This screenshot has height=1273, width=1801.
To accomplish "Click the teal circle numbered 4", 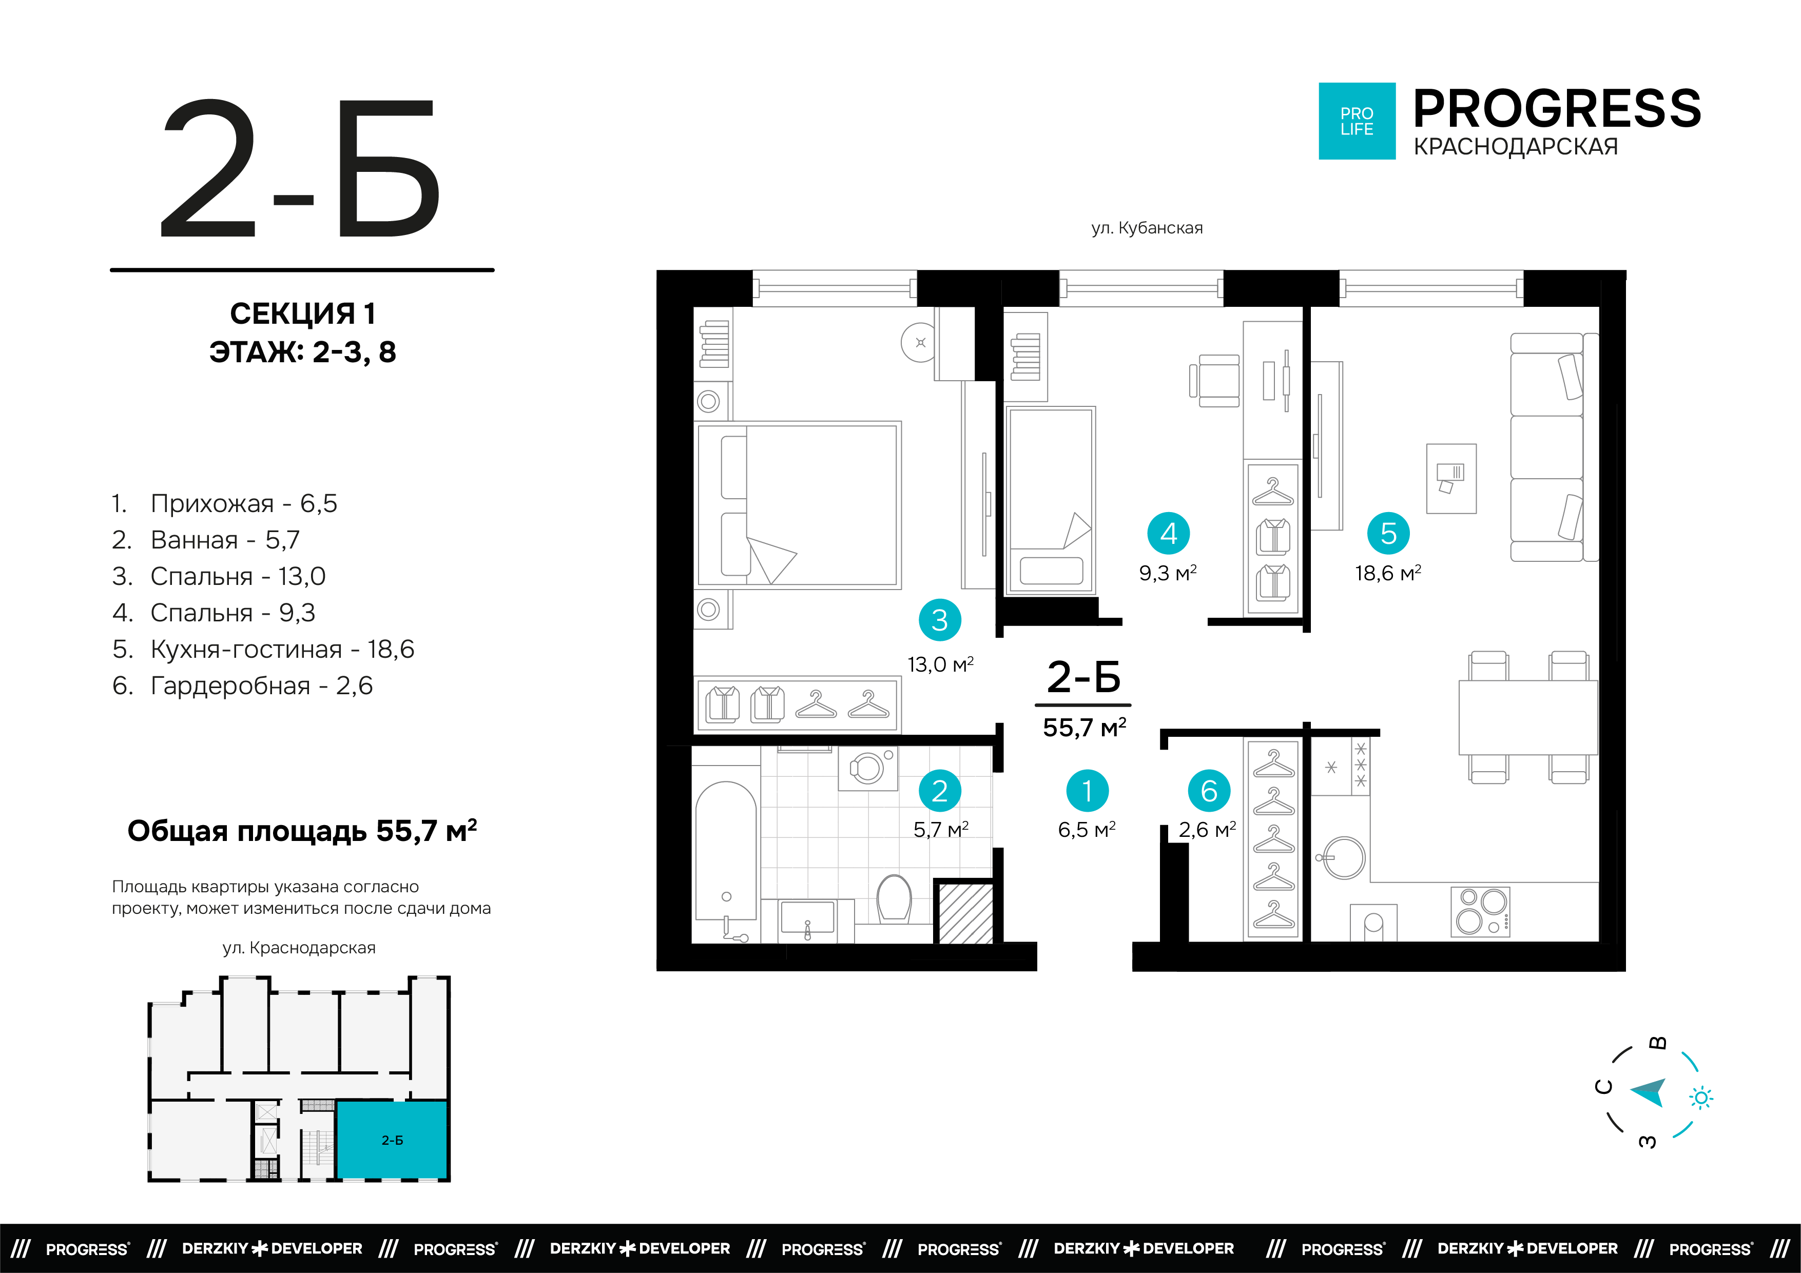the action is pyautogui.click(x=1168, y=533).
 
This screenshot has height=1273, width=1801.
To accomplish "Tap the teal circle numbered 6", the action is pyautogui.click(x=1209, y=791).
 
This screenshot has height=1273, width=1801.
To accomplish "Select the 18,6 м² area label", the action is pyautogui.click(x=1388, y=573).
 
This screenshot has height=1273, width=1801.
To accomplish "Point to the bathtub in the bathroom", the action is pyautogui.click(x=726, y=860).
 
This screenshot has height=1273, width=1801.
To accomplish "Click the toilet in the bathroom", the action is pyautogui.click(x=894, y=898).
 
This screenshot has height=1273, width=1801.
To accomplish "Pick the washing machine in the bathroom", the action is pyautogui.click(x=867, y=768).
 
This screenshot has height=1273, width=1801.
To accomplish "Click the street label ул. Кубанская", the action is pyautogui.click(x=1147, y=228).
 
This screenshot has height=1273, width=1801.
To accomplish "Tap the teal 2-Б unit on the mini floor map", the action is pyautogui.click(x=392, y=1140).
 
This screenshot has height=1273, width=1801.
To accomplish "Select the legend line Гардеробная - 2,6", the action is pyautogui.click(x=242, y=686).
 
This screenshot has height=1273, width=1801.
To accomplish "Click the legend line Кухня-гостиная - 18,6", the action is pyautogui.click(x=263, y=650).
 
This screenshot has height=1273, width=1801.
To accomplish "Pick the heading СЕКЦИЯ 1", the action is pyautogui.click(x=303, y=314).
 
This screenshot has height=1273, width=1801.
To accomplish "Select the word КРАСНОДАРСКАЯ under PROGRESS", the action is pyautogui.click(x=1516, y=147).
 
